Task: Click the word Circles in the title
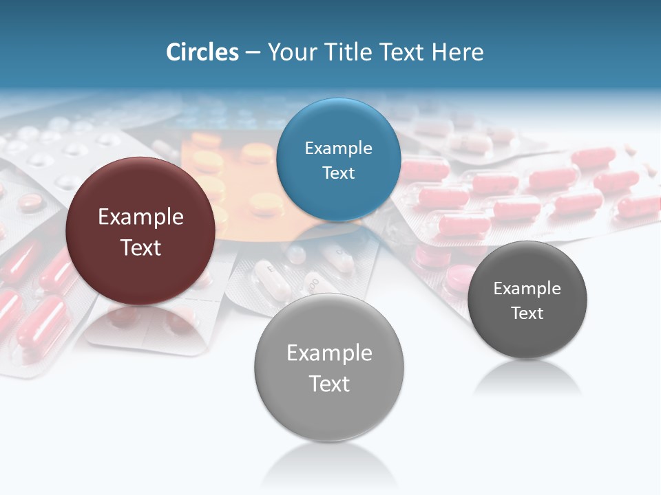pyautogui.click(x=202, y=52)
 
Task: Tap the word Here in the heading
pyautogui.click(x=457, y=52)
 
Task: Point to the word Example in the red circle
pyautogui.click(x=140, y=217)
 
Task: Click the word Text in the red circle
pyautogui.click(x=140, y=247)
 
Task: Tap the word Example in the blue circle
pyautogui.click(x=338, y=148)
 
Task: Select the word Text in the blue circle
pyautogui.click(x=338, y=173)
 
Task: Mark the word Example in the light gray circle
pyautogui.click(x=329, y=353)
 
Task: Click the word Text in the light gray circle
pyautogui.click(x=329, y=384)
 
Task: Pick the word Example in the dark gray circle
pyautogui.click(x=527, y=289)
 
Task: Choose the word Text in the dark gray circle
pyautogui.click(x=527, y=313)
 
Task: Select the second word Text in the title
pyautogui.click(x=403, y=52)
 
